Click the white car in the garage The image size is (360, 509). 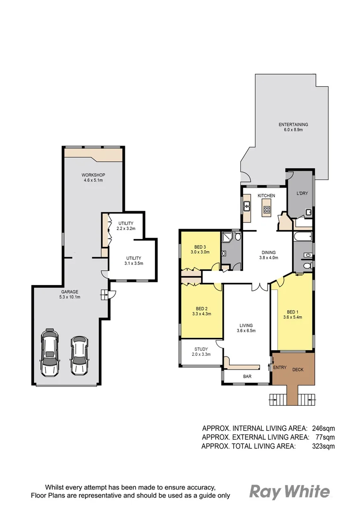[50, 353]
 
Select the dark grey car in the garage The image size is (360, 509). [80, 356]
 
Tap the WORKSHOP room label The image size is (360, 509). [94, 175]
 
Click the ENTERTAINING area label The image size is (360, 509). [293, 124]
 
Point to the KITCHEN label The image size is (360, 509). [266, 196]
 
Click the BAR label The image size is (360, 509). [247, 377]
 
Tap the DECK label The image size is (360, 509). [298, 369]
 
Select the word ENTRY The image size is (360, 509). [279, 368]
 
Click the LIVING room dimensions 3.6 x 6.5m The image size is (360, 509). [246, 331]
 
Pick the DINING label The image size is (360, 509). [269, 252]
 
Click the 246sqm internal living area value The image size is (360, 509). [323, 428]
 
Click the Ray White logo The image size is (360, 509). [289, 492]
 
